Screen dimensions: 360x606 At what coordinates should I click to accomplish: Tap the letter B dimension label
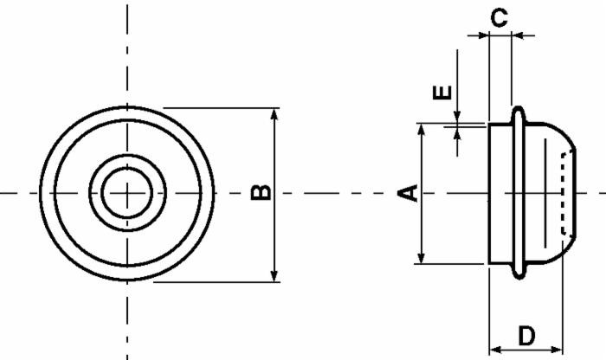tap(262, 193)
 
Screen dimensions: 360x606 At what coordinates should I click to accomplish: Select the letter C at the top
tap(499, 17)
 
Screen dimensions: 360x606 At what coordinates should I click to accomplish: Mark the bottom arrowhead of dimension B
tap(275, 275)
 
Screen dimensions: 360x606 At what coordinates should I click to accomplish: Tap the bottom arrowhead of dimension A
tap(422, 257)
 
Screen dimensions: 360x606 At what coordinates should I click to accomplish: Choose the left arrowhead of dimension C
tap(482, 35)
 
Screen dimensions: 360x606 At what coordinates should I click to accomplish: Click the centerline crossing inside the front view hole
tap(128, 192)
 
